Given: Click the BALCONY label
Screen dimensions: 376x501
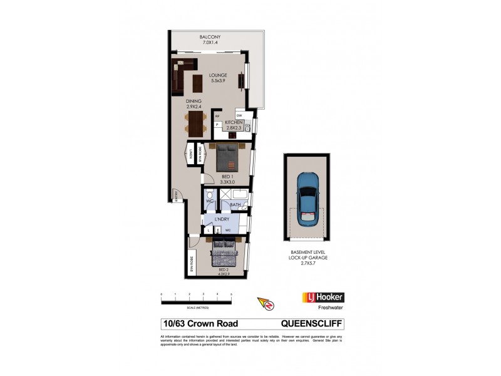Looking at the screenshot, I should pyautogui.click(x=210, y=38).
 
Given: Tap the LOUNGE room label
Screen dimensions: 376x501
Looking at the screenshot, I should pyautogui.click(x=219, y=76).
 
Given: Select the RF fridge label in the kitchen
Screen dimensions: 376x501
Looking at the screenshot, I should pyautogui.click(x=217, y=117).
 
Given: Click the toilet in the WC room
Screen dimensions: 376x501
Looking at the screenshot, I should pyautogui.click(x=209, y=195).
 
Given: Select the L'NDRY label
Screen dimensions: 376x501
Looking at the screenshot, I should pyautogui.click(x=222, y=220).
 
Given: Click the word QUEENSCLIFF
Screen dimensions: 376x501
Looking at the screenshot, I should pyautogui.click(x=312, y=324).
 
